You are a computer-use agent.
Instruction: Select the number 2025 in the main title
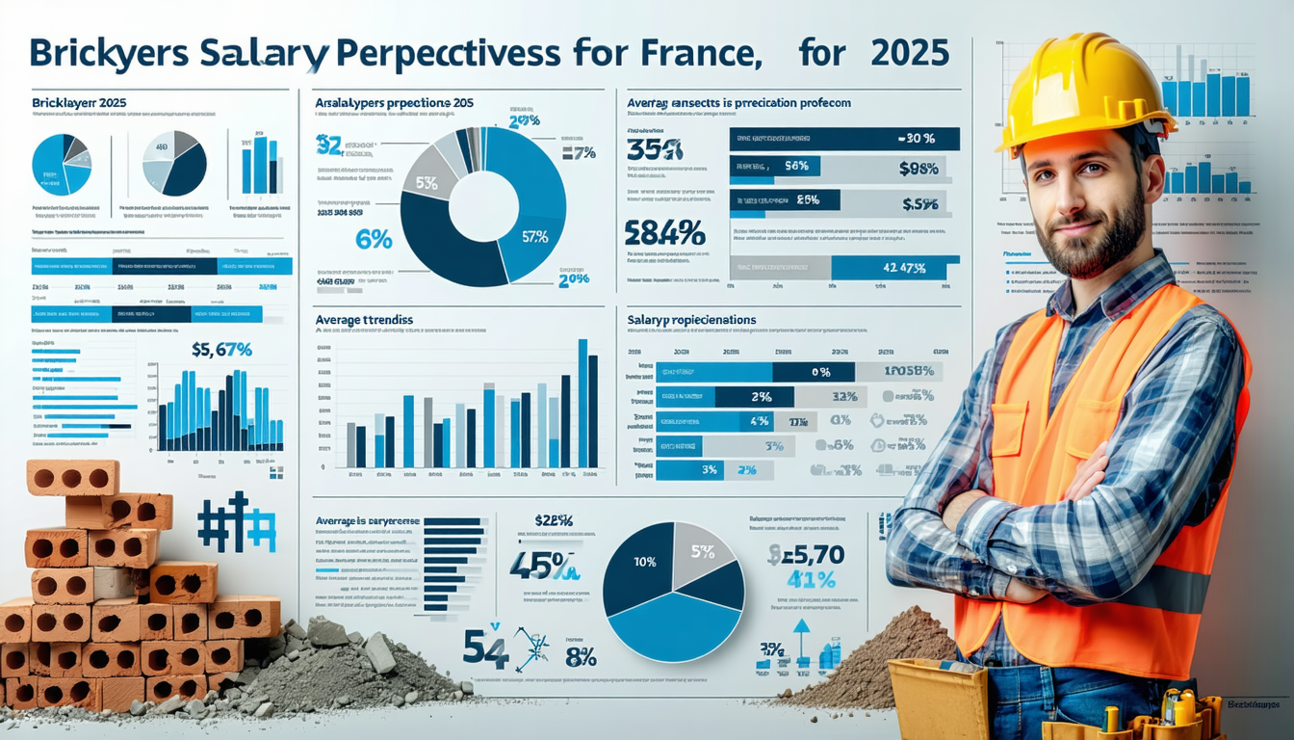pos(908,52)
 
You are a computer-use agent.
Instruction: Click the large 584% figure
pos(664,232)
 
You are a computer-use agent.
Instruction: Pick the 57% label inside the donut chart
pos(534,236)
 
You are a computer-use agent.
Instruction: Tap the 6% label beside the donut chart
pos(374,240)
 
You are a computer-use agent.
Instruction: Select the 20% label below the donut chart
pos(574,278)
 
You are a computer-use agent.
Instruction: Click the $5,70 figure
pos(807,554)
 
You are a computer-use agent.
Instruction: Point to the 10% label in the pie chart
pos(643,561)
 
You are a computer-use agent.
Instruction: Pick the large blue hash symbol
pos(236,525)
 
